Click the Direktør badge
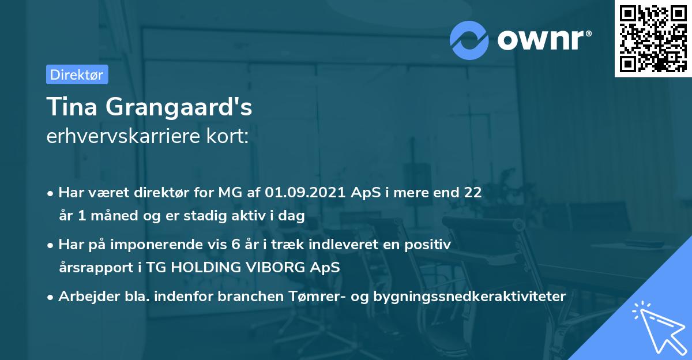coord(77,74)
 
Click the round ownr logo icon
coord(470,39)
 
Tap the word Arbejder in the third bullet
coord(84,296)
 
